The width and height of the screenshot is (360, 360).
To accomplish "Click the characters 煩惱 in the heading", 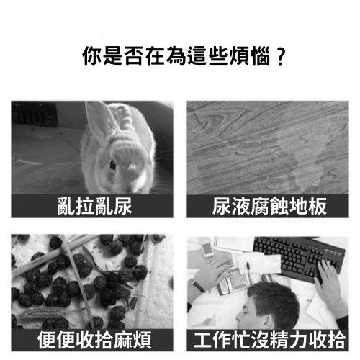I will (251, 55).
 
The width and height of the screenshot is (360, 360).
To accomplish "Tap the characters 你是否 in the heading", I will (108, 55).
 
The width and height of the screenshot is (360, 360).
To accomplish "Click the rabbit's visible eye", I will (113, 165).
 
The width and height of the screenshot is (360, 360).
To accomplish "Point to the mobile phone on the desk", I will (207, 248).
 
